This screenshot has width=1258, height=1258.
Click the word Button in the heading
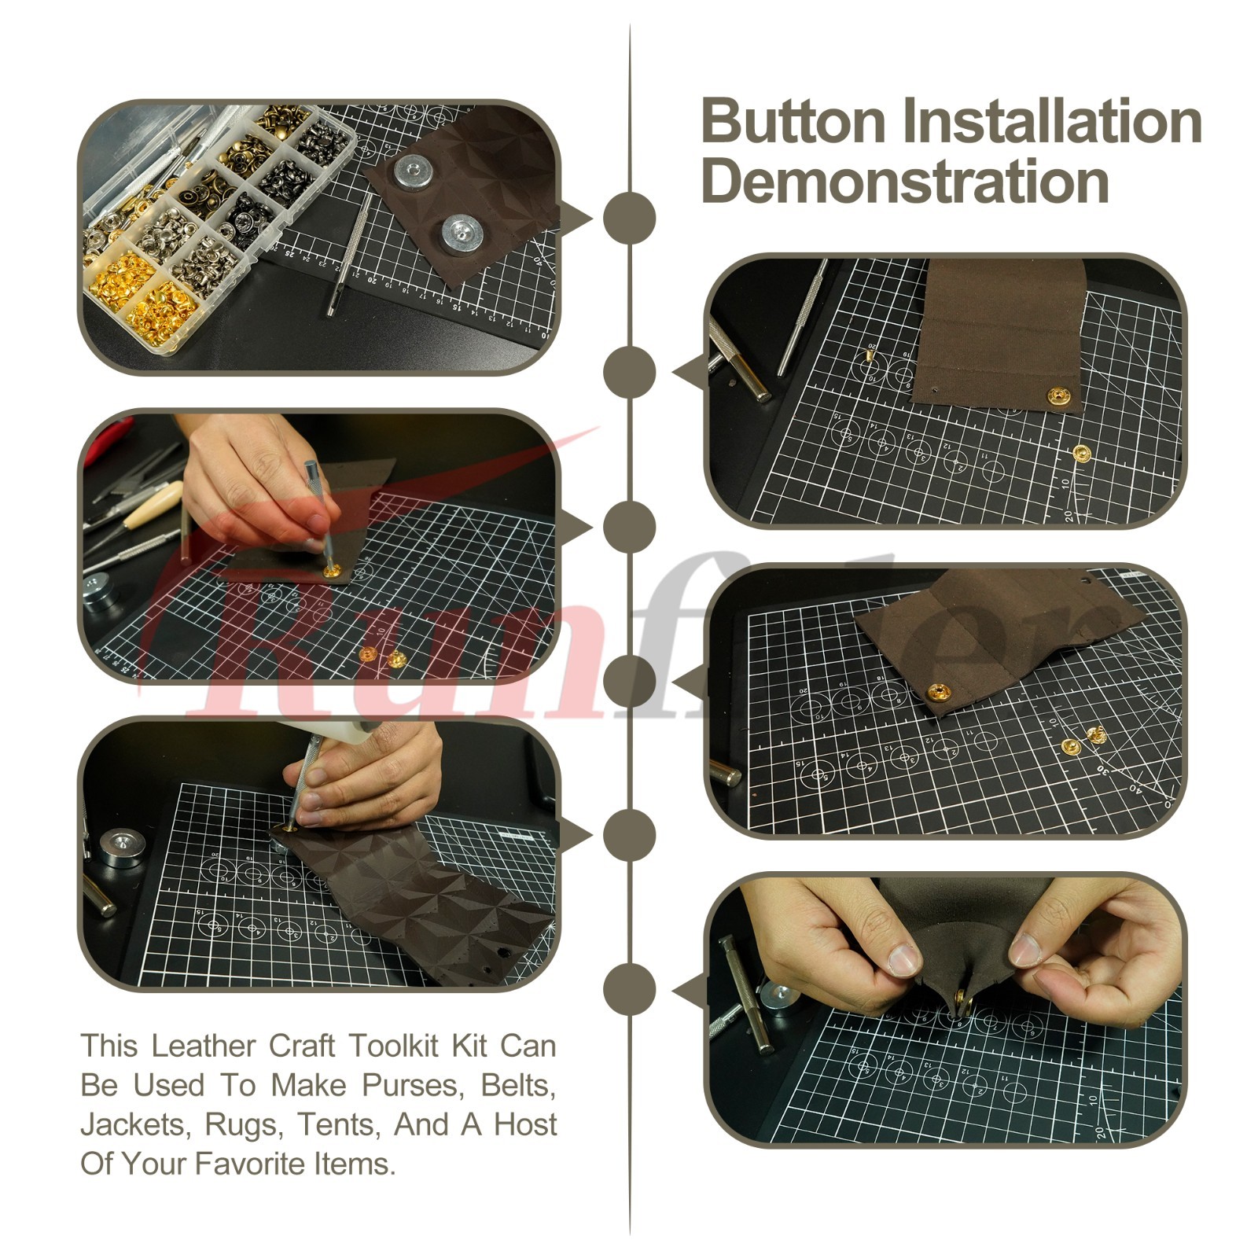click(793, 121)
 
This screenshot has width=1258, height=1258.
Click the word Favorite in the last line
click(250, 1164)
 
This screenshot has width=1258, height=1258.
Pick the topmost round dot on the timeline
click(629, 218)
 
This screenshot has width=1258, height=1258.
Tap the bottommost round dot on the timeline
click(629, 989)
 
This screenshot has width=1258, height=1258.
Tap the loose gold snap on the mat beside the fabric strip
click(1083, 452)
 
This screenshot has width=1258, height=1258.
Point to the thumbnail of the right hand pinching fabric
click(1026, 950)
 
